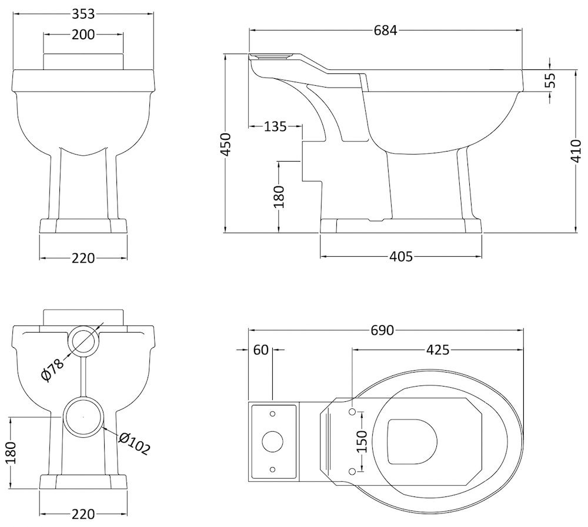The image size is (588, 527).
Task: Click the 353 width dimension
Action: click(x=83, y=14)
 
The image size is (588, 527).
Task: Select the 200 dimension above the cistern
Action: click(x=83, y=35)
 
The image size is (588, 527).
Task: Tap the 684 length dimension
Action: click(x=385, y=31)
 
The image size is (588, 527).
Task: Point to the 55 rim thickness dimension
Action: click(x=550, y=80)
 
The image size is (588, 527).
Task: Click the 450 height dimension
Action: click(x=226, y=144)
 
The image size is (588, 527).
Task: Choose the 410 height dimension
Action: click(x=576, y=150)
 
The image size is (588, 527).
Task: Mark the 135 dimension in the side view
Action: click(x=275, y=127)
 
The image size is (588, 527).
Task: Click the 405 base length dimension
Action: click(x=401, y=257)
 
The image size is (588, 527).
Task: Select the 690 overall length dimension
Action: click(x=382, y=330)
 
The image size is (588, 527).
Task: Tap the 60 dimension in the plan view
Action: click(x=261, y=350)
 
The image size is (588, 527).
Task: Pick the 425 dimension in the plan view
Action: click(x=437, y=350)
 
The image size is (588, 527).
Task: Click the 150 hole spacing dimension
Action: click(x=362, y=441)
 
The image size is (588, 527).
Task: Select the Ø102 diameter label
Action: click(x=134, y=443)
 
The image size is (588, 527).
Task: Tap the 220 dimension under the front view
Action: click(x=83, y=259)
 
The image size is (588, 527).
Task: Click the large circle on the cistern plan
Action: click(x=273, y=441)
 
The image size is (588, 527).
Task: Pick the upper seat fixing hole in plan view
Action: click(x=352, y=412)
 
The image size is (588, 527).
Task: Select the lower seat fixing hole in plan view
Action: click(x=352, y=471)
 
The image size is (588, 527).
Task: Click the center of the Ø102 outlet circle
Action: click(x=83, y=417)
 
